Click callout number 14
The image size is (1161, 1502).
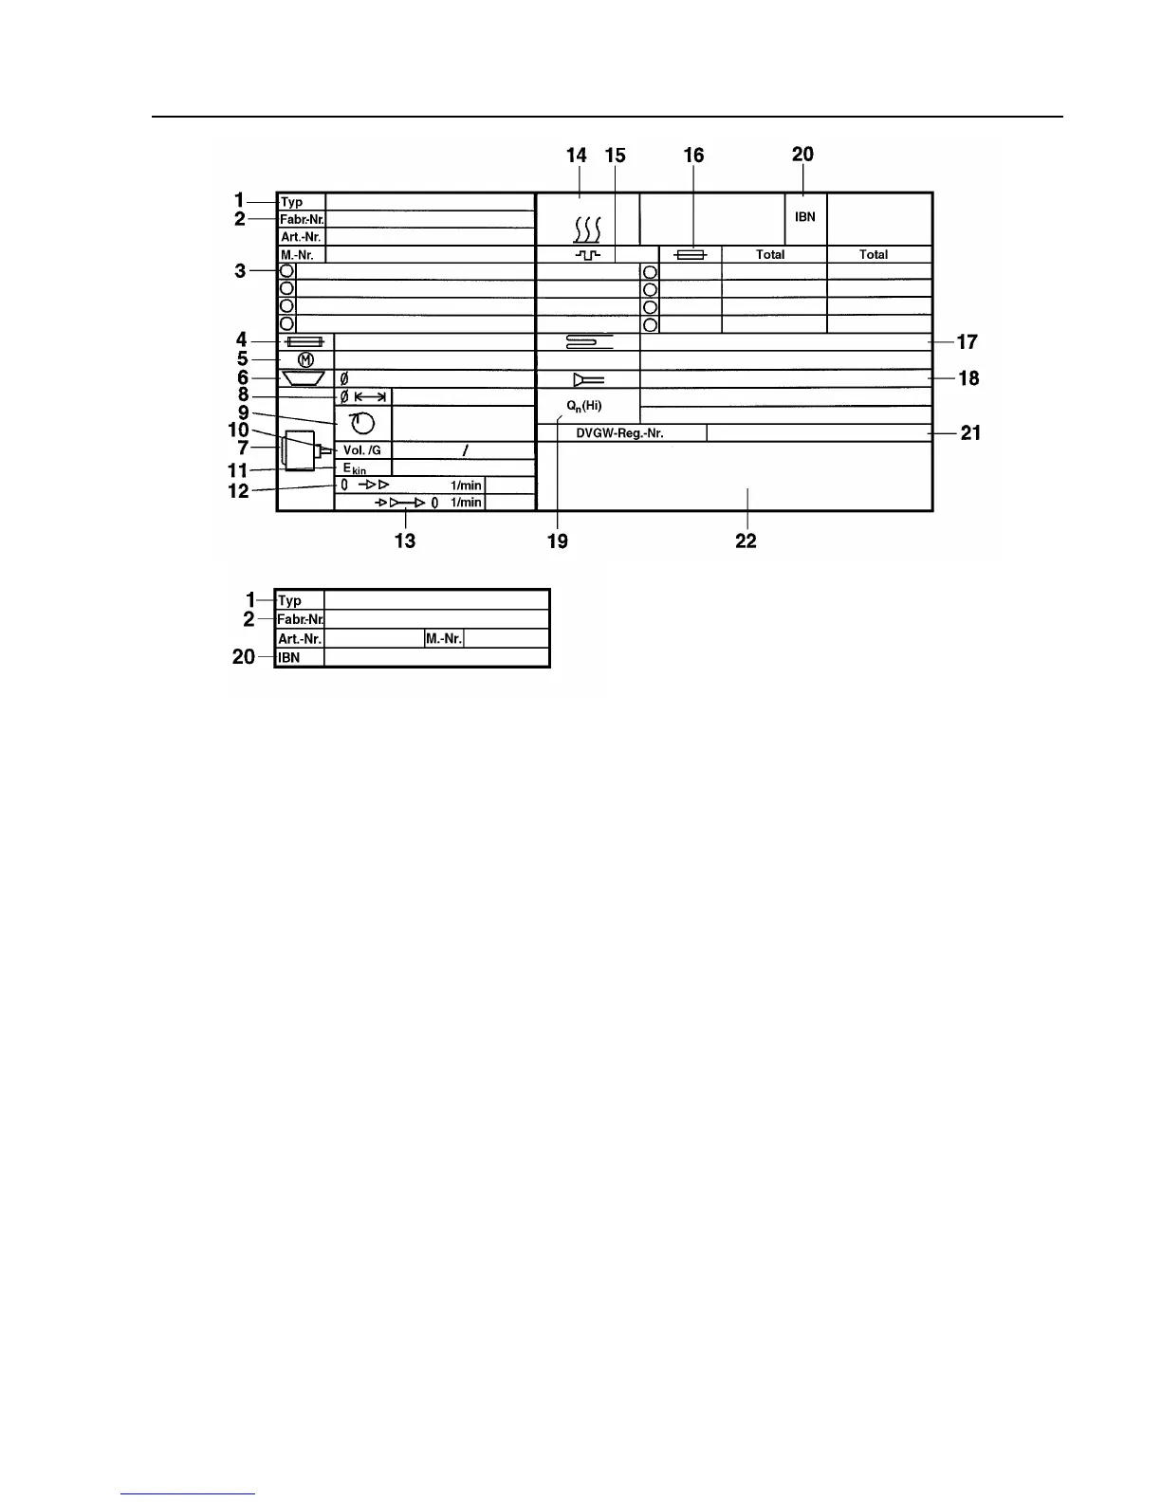576,156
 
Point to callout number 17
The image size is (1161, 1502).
967,341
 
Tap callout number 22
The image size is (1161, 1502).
746,540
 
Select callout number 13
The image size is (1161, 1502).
405,540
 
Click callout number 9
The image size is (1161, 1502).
244,412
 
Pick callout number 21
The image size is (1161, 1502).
970,433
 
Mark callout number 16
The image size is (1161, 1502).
693,156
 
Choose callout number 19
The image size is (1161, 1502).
557,540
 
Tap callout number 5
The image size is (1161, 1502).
242,359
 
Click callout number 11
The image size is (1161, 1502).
237,470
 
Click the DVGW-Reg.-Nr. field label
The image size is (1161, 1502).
619,433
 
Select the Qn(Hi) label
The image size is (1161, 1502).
584,406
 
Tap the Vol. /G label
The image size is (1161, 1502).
361,450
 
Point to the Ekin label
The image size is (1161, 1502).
355,468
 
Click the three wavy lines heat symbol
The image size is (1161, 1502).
587,229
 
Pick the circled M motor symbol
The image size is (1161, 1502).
305,359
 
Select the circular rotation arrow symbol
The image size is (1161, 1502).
362,423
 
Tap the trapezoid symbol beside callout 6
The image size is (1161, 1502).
304,378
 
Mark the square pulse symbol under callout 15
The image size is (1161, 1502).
588,255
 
